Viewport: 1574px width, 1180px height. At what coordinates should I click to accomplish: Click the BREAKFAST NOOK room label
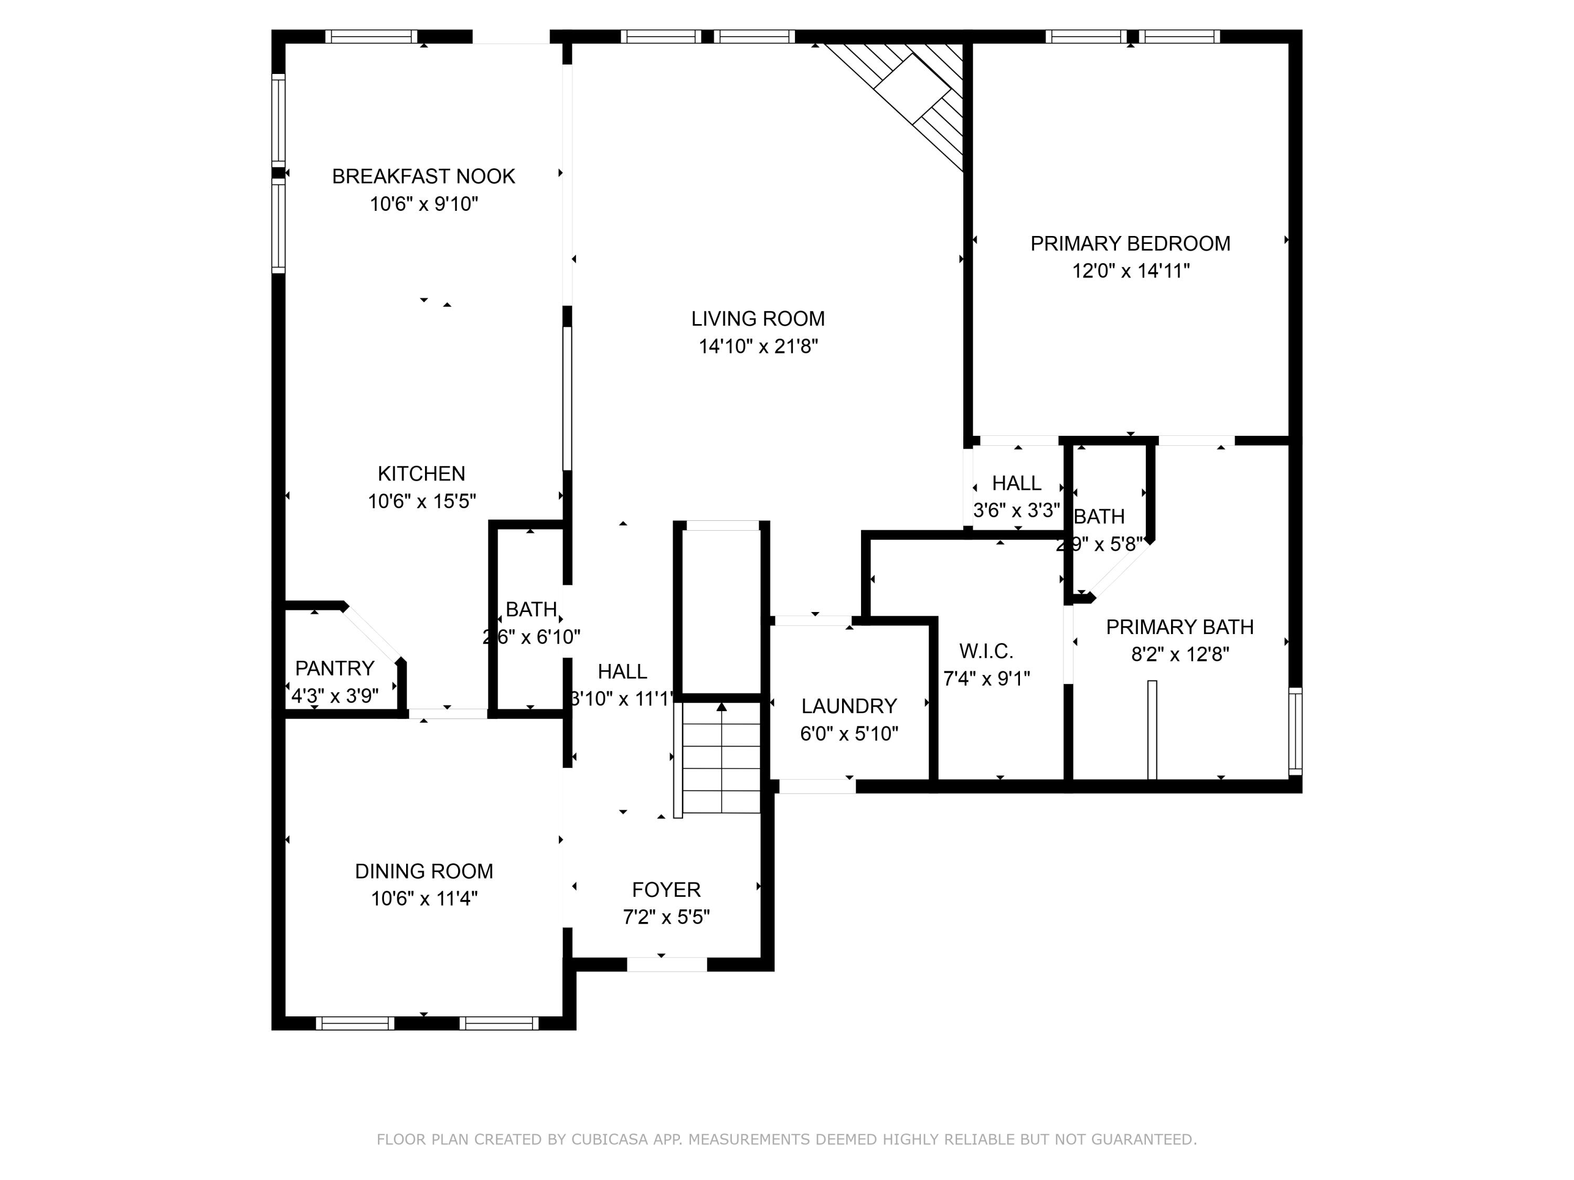pos(423,176)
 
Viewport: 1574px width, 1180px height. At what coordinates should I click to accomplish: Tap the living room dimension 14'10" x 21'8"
pos(758,346)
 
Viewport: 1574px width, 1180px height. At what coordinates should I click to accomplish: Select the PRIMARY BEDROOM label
pos(1130,243)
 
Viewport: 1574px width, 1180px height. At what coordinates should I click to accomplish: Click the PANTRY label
pos(334,668)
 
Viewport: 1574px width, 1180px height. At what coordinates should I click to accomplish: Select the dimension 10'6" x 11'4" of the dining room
pos(424,898)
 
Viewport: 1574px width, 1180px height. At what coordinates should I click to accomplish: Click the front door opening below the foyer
pos(667,964)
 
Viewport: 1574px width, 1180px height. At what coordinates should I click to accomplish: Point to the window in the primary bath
pos(1295,731)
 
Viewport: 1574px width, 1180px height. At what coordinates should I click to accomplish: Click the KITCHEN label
pos(421,473)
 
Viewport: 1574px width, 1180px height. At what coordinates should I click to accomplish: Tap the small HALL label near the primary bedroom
pos(1016,483)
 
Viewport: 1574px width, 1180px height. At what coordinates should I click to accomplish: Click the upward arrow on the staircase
pos(721,707)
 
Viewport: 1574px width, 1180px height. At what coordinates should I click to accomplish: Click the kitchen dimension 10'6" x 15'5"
pos(421,501)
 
